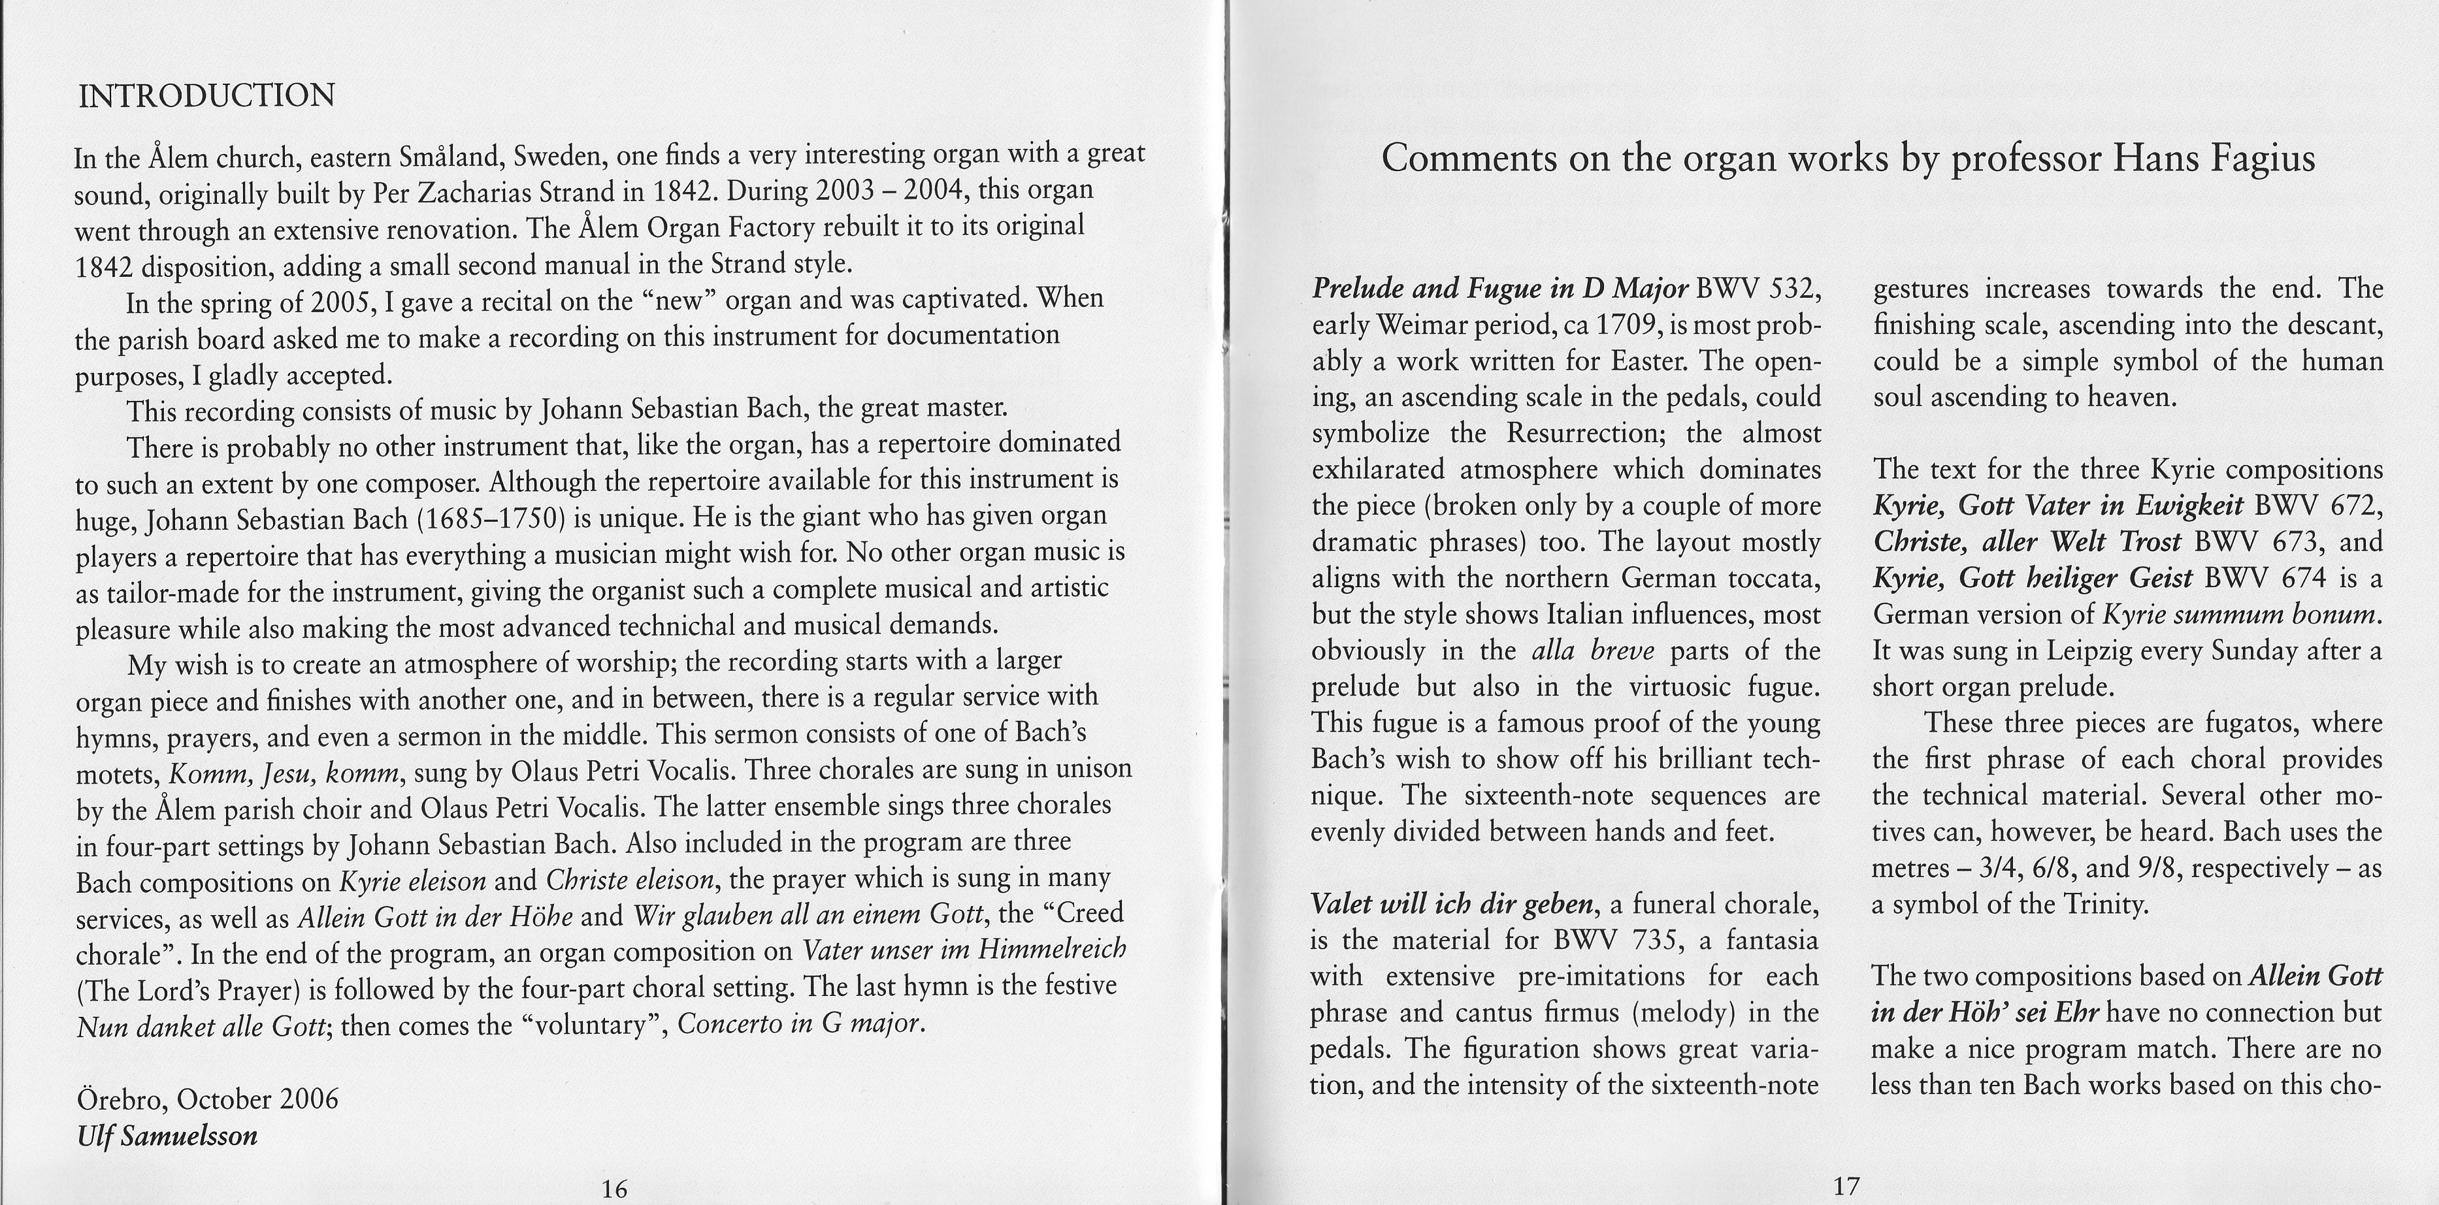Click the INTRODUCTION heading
click(206, 95)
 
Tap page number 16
click(614, 1189)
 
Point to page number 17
click(1846, 1185)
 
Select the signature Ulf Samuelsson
click(167, 1135)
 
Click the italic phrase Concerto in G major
click(800, 1023)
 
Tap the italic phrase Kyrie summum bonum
click(2240, 615)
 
